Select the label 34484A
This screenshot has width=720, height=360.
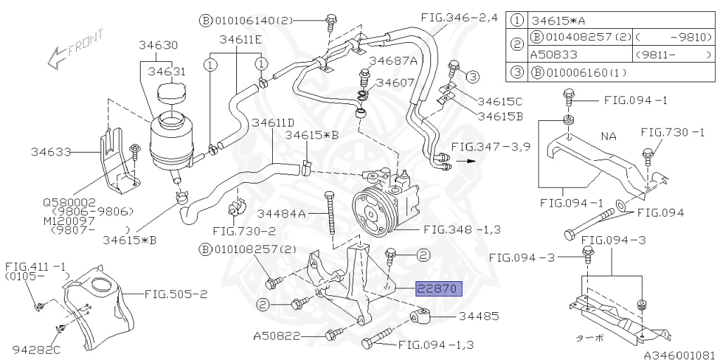coord(281,213)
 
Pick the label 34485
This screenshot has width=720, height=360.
coord(478,317)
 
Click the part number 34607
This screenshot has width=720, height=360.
coord(394,82)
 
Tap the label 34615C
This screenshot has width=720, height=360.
coord(501,101)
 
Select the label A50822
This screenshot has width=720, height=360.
coord(276,336)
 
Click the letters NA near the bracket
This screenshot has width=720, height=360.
coord(607,136)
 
